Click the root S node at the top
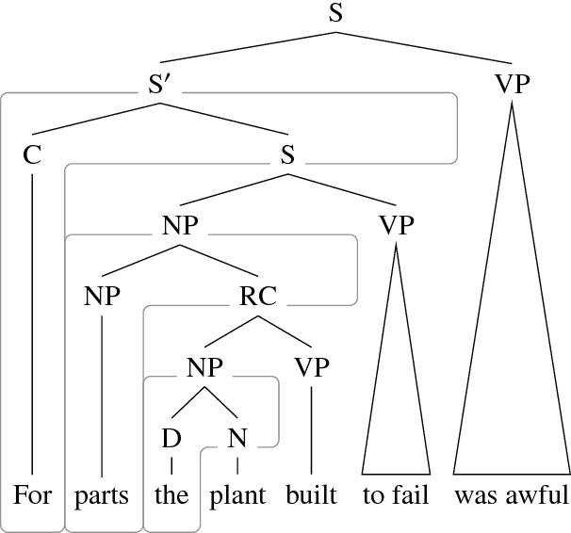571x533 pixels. click(x=334, y=13)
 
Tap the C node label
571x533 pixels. click(x=33, y=155)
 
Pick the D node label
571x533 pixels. click(x=171, y=438)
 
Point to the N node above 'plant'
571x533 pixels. click(x=237, y=438)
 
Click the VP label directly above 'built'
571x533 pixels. click(x=311, y=367)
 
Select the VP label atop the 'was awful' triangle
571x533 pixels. click(x=512, y=85)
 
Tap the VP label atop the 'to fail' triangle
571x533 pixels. click(x=396, y=226)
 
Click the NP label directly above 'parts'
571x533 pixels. click(x=102, y=297)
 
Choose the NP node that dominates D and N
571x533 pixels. click(x=204, y=367)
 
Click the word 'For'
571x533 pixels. click(x=33, y=495)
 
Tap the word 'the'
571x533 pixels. click(x=171, y=495)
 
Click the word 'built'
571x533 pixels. click(x=312, y=495)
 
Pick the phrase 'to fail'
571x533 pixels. click(x=396, y=495)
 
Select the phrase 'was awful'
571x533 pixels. click(x=512, y=495)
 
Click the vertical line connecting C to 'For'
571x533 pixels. click(x=33, y=320)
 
